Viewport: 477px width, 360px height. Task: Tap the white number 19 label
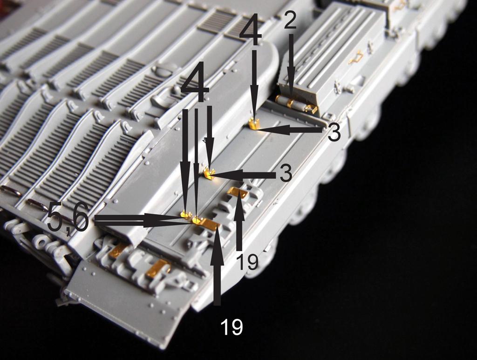tap(232, 327)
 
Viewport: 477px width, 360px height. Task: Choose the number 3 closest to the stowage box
tap(334, 133)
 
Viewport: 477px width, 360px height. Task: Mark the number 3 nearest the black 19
tap(286, 173)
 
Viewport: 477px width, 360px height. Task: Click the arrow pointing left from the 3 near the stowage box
tap(290, 130)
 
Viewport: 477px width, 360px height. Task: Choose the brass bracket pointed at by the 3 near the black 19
tap(208, 173)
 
